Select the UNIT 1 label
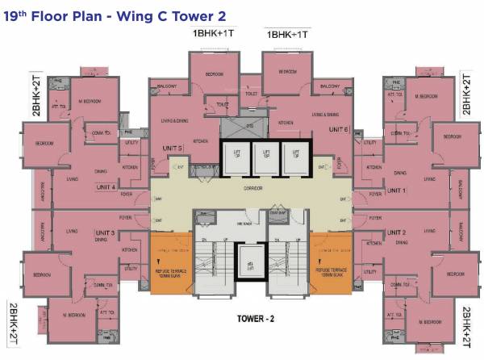(x=395, y=190)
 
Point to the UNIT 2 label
(x=395, y=232)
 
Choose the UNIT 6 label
(x=338, y=128)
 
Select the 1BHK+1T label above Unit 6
(x=289, y=34)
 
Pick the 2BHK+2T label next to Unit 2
(x=466, y=323)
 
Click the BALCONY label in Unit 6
(x=329, y=86)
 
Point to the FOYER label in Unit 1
(x=373, y=194)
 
